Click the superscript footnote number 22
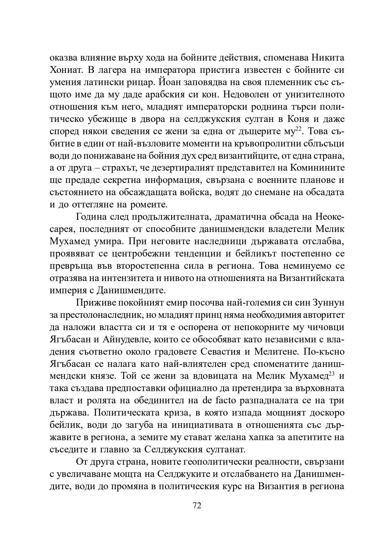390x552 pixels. (298, 129)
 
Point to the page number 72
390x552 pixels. (197, 506)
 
